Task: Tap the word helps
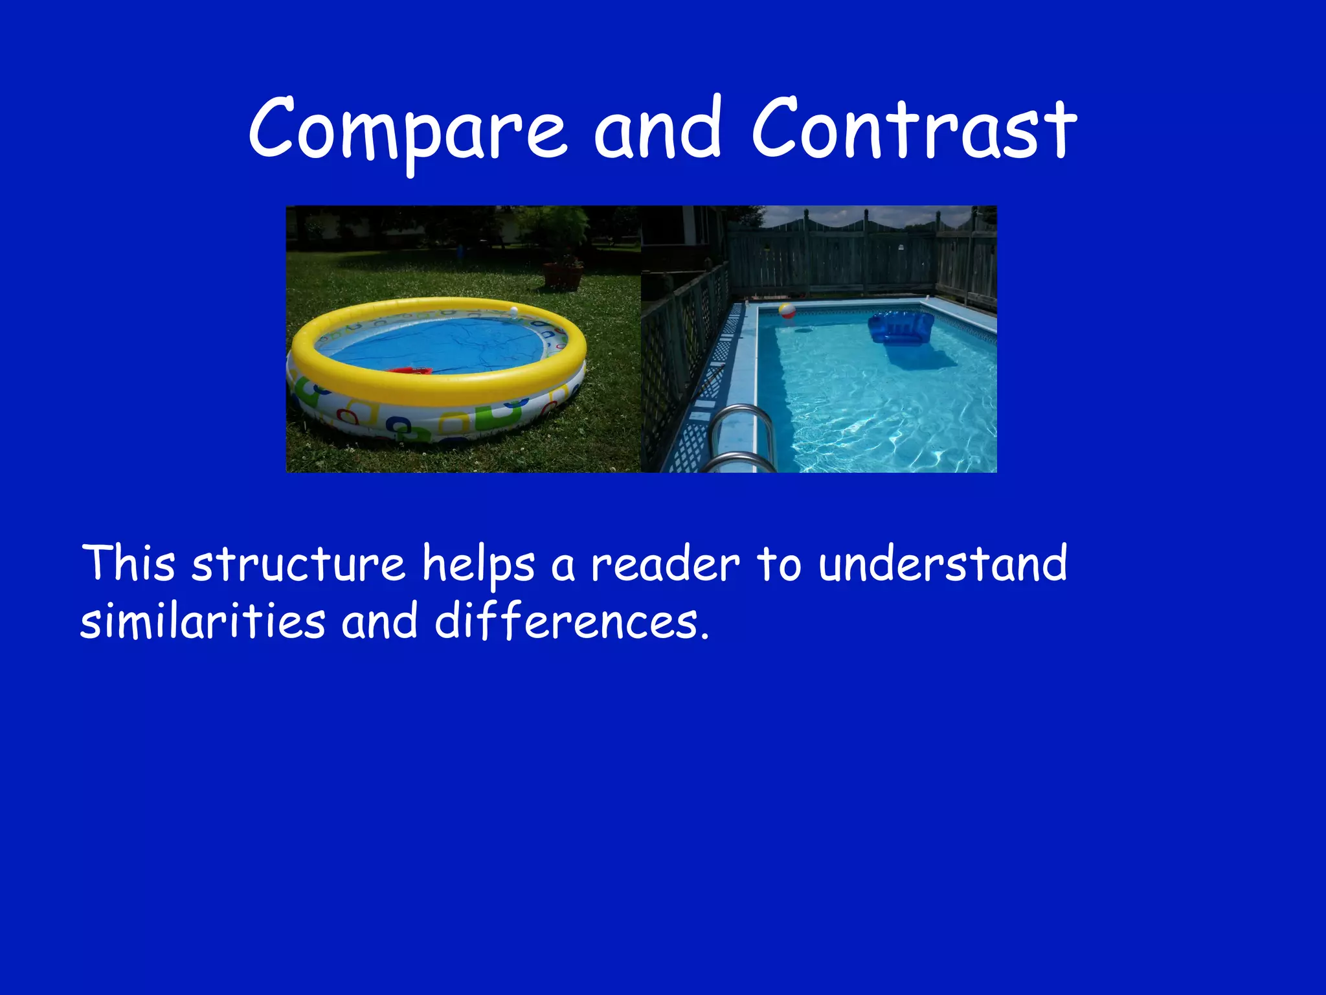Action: [x=478, y=565]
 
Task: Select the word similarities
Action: [x=202, y=620]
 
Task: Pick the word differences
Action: [x=571, y=620]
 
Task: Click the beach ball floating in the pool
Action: [x=787, y=311]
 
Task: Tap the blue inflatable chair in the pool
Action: [x=901, y=327]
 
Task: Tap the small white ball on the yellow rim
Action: [x=514, y=312]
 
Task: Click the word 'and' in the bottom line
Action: [x=379, y=620]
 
